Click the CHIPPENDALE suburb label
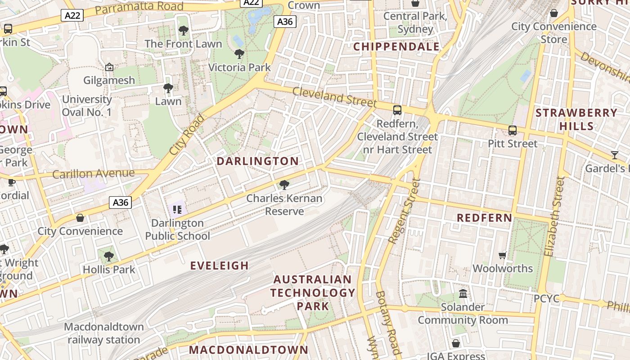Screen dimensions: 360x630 tap(396, 47)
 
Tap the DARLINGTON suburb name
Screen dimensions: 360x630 tap(258, 161)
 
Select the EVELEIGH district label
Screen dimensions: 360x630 tap(220, 265)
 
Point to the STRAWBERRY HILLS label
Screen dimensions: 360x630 tap(576, 119)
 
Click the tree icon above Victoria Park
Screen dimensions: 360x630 tap(239, 54)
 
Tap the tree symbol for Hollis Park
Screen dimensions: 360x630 tap(108, 256)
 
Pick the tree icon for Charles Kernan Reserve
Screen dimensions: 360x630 tap(284, 184)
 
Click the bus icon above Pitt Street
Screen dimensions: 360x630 tap(513, 130)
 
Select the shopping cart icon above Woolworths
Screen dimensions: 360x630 tap(503, 255)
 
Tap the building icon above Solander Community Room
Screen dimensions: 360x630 tap(463, 294)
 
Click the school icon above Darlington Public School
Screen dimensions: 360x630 tap(177, 209)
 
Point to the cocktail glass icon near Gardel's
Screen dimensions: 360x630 tap(615, 155)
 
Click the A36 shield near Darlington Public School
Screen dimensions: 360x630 tap(120, 202)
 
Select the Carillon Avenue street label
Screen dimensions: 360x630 tap(93, 174)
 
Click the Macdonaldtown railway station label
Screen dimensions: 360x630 tap(104, 333)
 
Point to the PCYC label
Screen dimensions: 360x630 tap(546, 299)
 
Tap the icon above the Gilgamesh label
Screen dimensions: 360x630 tap(109, 67)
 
